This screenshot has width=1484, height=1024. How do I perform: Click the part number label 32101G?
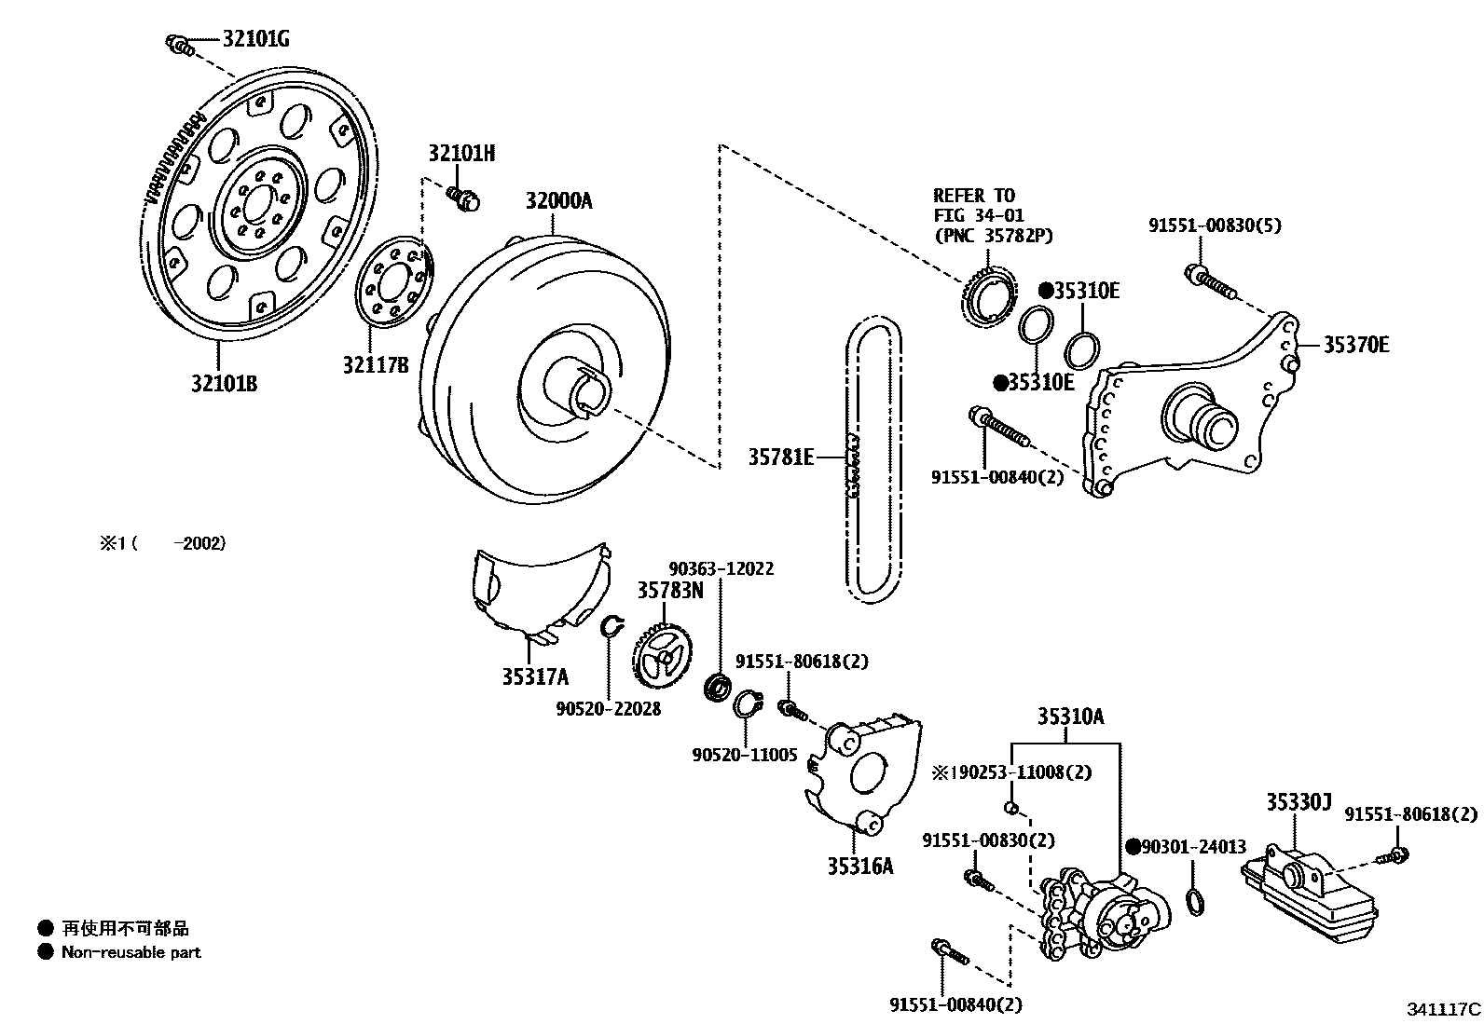[x=255, y=39]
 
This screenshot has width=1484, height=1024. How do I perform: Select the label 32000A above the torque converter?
[x=557, y=200]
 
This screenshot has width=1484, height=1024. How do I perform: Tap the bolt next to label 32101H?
[x=461, y=197]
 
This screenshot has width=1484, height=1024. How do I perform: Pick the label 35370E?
[x=1355, y=345]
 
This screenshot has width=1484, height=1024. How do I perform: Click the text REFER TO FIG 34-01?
[x=974, y=205]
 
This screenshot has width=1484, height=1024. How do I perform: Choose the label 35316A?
[x=859, y=866]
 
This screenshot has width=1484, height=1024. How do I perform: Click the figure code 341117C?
[x=1443, y=1009]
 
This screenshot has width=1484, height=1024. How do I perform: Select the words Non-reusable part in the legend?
[x=131, y=952]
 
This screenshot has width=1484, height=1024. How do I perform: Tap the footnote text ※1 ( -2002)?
[x=163, y=542]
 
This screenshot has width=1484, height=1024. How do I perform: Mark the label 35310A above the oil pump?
[x=1071, y=717]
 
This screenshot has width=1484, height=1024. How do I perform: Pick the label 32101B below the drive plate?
[x=224, y=383]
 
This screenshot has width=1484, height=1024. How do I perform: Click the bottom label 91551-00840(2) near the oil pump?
[x=955, y=1004]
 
